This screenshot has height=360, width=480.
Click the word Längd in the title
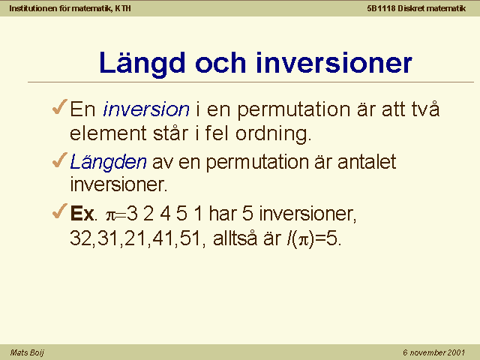click(142, 64)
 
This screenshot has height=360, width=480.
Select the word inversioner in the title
click(334, 62)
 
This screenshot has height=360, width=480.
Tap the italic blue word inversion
click(146, 109)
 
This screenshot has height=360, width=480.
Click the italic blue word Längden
click(108, 162)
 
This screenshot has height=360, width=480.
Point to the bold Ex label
click(82, 213)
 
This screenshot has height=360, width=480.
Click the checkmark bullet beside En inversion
click(60, 106)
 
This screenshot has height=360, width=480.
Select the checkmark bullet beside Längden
click(60, 160)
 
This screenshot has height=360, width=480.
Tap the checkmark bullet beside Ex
click(60, 211)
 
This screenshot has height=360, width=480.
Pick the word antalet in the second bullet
click(367, 162)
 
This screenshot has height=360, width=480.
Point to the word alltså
click(235, 238)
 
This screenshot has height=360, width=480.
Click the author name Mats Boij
click(27, 352)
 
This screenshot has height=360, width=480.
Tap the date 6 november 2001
click(433, 352)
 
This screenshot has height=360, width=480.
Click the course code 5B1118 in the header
click(381, 8)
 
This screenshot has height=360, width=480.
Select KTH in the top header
click(123, 8)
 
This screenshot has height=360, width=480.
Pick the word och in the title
click(220, 63)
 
